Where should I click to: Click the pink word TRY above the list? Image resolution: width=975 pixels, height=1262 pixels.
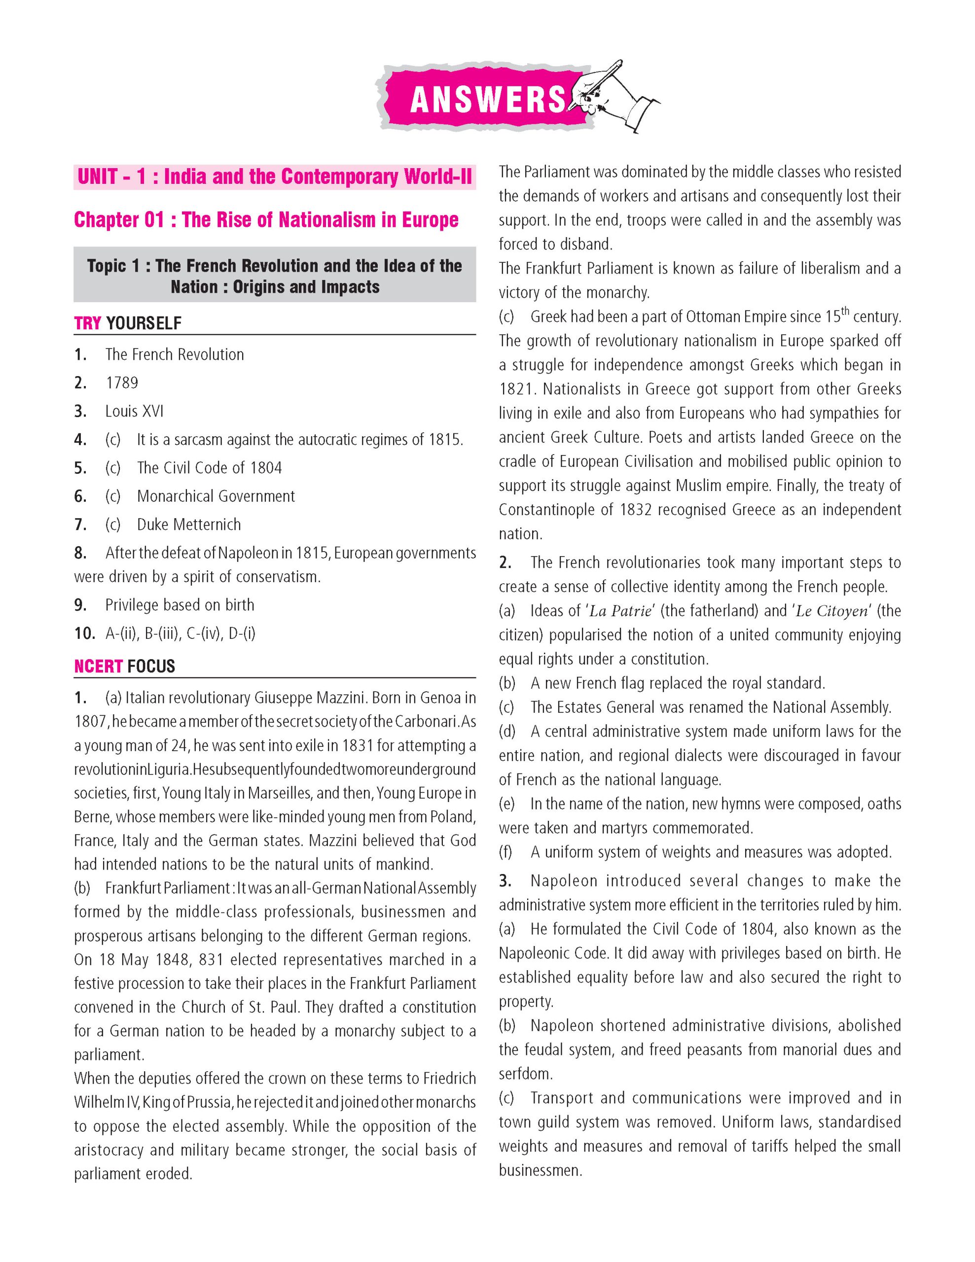[x=88, y=323]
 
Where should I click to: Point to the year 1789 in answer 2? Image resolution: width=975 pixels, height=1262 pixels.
[x=122, y=383]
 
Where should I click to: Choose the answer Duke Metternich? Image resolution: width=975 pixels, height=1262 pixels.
[x=188, y=525]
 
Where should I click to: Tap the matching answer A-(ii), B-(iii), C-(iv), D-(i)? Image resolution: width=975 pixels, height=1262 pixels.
[x=181, y=633]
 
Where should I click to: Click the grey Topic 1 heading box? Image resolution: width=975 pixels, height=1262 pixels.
[x=275, y=276]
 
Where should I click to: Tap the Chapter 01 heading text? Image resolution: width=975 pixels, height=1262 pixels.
[x=266, y=220]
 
